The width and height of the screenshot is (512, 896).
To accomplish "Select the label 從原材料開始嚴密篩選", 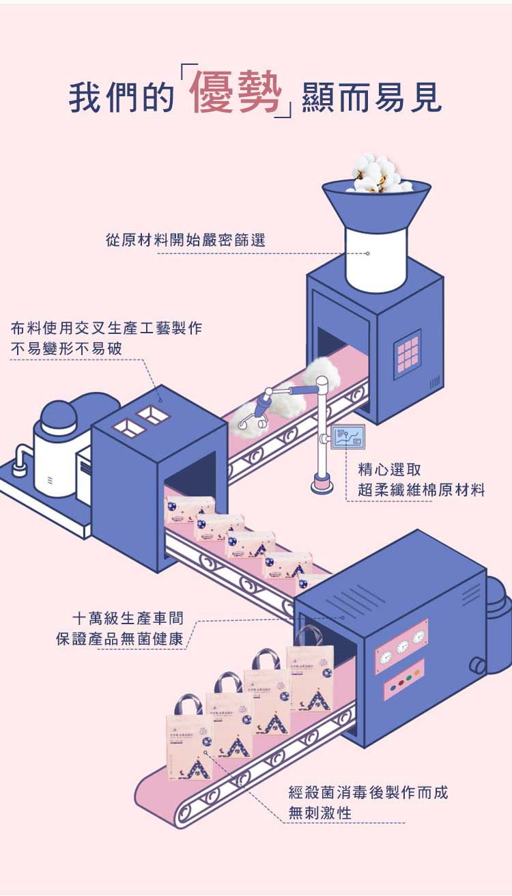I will click(184, 240).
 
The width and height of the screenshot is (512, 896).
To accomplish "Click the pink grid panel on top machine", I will click(408, 351).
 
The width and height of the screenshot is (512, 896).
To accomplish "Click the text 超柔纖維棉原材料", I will click(421, 490).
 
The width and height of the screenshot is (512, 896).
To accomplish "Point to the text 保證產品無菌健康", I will click(119, 640).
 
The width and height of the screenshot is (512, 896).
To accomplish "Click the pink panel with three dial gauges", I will click(401, 644).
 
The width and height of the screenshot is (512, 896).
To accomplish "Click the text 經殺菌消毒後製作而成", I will click(368, 793).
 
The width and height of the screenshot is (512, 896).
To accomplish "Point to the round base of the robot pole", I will click(322, 486).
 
